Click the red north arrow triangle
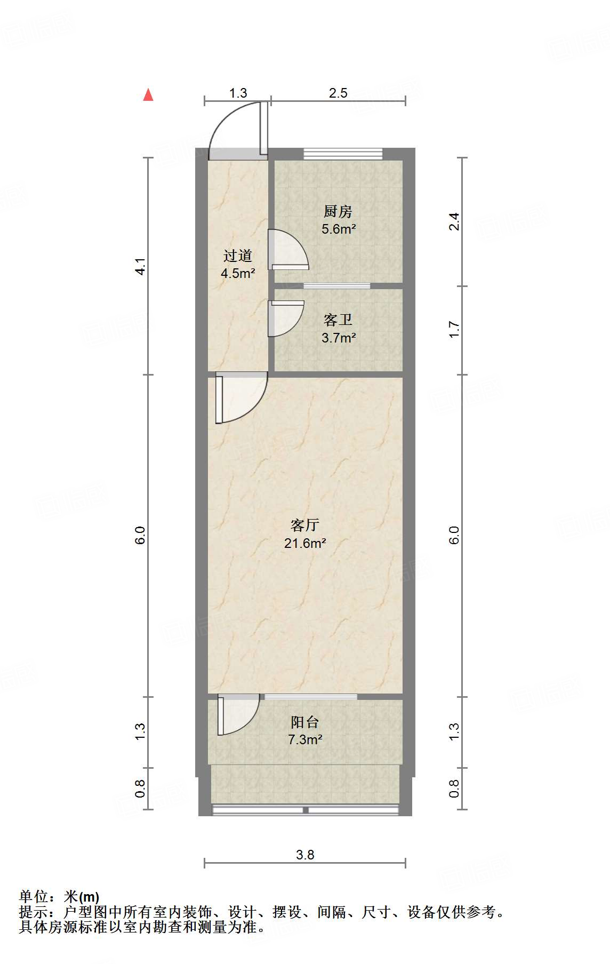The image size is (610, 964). [148, 95]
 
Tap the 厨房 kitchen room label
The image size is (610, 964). [338, 212]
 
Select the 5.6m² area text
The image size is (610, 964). [339, 229]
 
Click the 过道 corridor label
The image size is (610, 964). [237, 256]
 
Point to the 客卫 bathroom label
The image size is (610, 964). [338, 320]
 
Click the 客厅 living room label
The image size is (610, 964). [304, 525]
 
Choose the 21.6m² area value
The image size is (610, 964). [305, 544]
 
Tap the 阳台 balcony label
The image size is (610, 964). [304, 722]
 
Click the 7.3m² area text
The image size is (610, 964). [305, 740]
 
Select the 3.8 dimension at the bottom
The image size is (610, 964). [305, 855]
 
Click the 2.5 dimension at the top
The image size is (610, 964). [338, 93]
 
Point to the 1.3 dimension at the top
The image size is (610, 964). [238, 93]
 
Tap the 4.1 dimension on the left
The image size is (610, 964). [140, 266]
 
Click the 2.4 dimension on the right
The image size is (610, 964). [454, 221]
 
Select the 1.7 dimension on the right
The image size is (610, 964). [454, 329]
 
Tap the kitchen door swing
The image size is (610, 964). [288, 249]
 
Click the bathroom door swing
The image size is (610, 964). [286, 318]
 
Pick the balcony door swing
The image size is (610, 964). [238, 715]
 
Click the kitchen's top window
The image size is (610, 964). [343, 154]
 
